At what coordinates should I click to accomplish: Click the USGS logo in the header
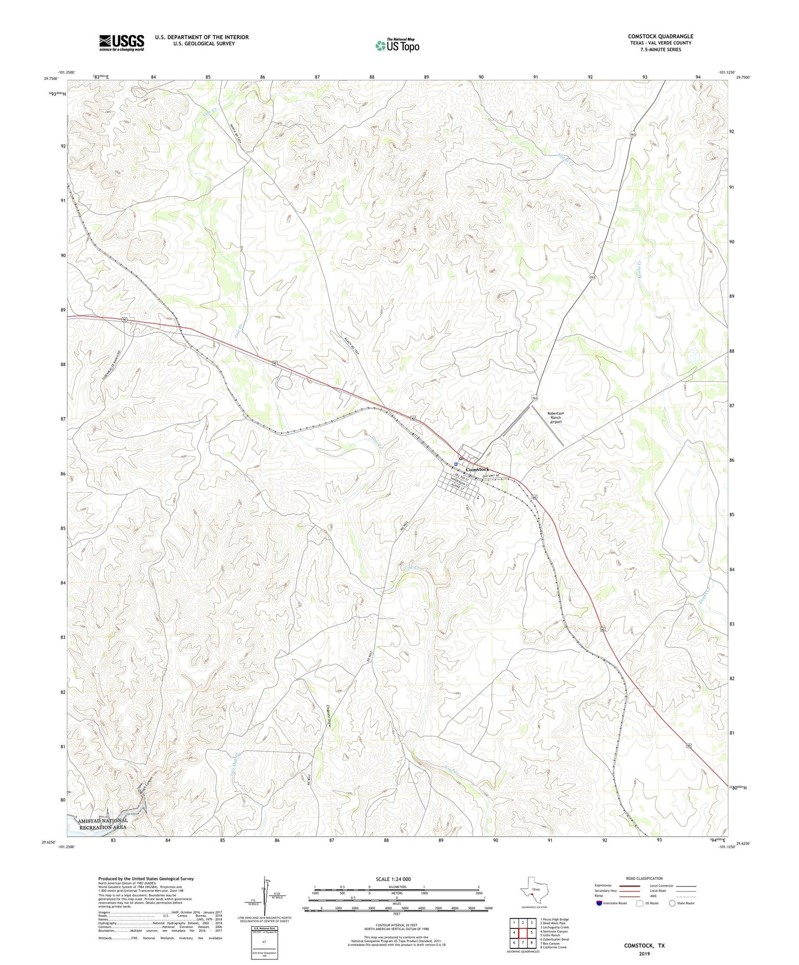point(122,43)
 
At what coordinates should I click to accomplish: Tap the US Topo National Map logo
point(398,45)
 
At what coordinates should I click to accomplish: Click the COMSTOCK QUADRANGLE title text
point(660,36)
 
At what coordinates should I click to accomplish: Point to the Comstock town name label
point(477,469)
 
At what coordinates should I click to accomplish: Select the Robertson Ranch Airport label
point(555,417)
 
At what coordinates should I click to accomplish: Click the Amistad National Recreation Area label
point(103,824)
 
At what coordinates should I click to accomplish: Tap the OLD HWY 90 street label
point(491,476)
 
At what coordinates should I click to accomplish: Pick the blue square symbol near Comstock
point(456,464)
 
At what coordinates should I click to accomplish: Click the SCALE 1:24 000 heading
point(393,879)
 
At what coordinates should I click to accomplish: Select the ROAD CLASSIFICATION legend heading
point(644,878)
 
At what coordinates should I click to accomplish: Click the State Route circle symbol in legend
point(672,903)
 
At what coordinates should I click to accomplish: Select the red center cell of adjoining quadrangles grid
point(523,932)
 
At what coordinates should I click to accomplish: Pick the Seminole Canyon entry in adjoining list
point(555,931)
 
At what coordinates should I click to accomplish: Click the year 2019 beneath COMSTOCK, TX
point(644,953)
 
